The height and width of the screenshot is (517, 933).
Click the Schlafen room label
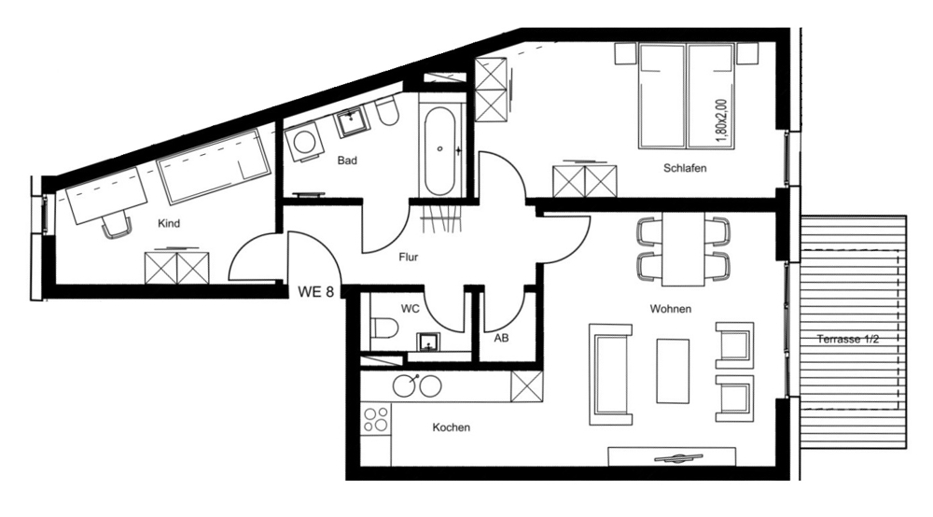[x=685, y=168]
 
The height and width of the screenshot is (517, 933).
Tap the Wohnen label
[x=671, y=309]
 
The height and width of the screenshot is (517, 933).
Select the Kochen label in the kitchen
[x=451, y=427]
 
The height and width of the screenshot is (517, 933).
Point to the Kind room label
[x=169, y=224]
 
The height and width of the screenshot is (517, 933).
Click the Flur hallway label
[x=409, y=257]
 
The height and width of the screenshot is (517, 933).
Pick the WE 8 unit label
[x=315, y=291]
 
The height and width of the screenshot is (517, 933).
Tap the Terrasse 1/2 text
[x=848, y=339]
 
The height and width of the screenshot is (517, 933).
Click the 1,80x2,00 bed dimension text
[x=722, y=120]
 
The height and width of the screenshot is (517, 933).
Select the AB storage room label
[x=502, y=338]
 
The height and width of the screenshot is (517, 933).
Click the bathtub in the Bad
[x=440, y=151]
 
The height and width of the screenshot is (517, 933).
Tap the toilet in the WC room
[x=385, y=327]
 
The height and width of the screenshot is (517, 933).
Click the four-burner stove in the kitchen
[x=377, y=419]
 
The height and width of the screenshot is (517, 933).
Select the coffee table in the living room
[x=673, y=371]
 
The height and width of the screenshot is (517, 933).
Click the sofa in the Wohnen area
[x=610, y=374]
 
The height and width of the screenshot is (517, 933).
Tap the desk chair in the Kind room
[x=117, y=226]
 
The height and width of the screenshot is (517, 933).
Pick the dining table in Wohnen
[x=683, y=248]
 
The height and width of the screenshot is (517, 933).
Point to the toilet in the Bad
[x=388, y=112]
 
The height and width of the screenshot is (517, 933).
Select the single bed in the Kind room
[x=214, y=165]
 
